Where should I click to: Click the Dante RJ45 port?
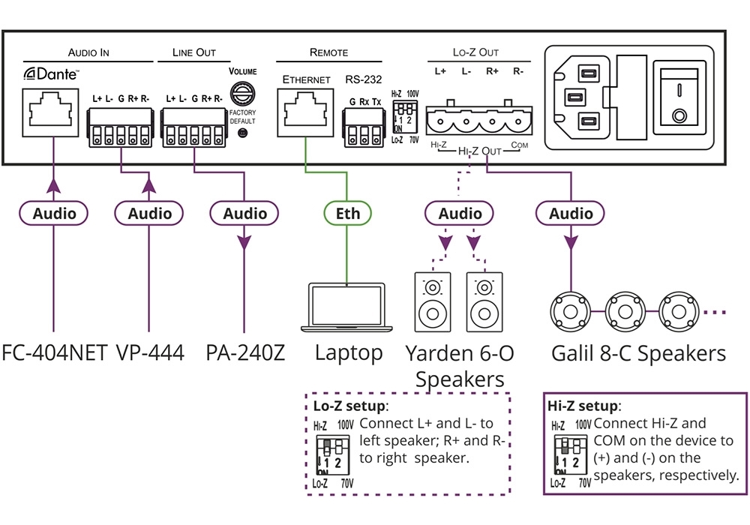[51, 112]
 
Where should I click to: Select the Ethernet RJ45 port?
[305, 112]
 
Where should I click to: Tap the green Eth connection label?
[348, 214]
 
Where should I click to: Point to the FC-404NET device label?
[55, 352]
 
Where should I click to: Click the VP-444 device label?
[150, 352]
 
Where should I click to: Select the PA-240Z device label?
[245, 352]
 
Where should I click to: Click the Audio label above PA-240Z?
[245, 214]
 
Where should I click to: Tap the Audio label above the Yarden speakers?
[460, 214]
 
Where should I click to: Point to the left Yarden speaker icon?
[432, 301]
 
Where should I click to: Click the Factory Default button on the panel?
[242, 133]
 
